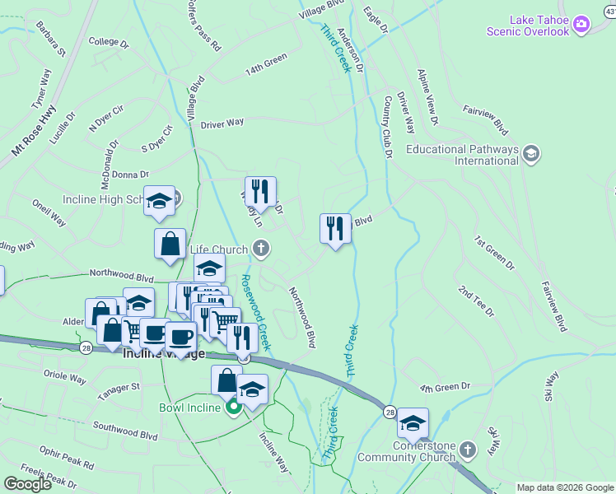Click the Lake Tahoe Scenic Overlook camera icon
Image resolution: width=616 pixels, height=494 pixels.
(581, 24)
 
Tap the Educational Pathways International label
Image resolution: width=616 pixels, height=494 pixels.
(462, 155)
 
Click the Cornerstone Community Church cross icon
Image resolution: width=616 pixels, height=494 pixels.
(468, 450)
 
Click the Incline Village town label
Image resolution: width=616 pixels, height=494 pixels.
(163, 353)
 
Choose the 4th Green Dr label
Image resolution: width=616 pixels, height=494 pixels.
(444, 387)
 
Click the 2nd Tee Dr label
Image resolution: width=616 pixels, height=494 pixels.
(477, 302)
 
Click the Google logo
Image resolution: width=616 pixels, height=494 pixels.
(27, 484)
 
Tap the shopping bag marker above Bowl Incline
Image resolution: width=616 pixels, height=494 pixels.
(226, 380)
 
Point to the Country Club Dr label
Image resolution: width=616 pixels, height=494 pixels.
(386, 126)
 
